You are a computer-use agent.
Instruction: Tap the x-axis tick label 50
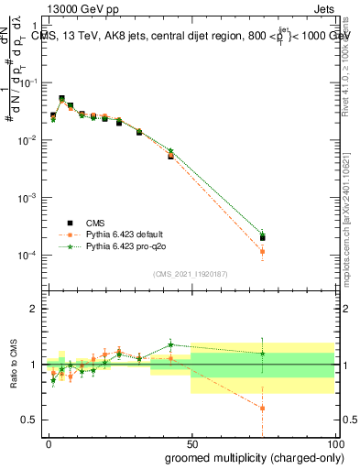click(x=191, y=444)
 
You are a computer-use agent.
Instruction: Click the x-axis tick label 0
click(x=49, y=444)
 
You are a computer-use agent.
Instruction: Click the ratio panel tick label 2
click(x=33, y=309)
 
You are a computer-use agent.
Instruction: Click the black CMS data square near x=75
click(x=262, y=238)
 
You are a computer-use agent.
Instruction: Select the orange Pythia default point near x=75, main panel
click(x=262, y=251)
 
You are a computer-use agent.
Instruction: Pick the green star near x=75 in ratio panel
click(x=262, y=354)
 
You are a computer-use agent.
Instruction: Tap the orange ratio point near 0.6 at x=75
click(x=262, y=409)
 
